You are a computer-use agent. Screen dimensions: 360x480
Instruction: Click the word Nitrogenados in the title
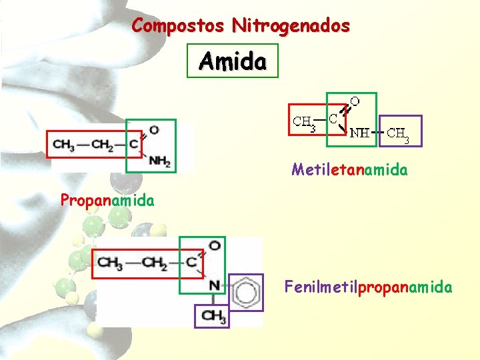tap(291, 26)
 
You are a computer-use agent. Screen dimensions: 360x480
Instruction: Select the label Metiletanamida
tap(349, 169)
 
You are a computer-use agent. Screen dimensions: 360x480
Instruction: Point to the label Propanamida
tap(107, 200)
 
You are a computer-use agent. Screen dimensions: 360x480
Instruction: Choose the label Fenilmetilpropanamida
tap(368, 287)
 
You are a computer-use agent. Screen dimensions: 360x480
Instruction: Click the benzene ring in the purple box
tap(245, 291)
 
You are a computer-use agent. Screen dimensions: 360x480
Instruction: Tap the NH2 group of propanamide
tap(160, 161)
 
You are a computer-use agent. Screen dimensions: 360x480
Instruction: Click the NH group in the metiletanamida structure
tap(361, 132)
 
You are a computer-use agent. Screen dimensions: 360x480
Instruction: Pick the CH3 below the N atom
tap(214, 316)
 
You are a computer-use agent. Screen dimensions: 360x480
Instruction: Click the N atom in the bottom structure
tap(213, 285)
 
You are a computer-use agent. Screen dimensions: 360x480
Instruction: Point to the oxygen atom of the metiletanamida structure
tap(355, 101)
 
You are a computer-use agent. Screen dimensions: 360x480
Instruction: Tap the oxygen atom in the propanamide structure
tap(154, 130)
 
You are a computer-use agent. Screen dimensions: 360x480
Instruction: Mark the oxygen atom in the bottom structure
tap(215, 246)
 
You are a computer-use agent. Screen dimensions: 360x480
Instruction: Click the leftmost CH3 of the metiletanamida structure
tap(304, 122)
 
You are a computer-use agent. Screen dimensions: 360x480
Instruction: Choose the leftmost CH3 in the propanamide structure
tap(64, 144)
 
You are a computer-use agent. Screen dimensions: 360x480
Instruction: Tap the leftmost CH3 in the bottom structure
tap(110, 261)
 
